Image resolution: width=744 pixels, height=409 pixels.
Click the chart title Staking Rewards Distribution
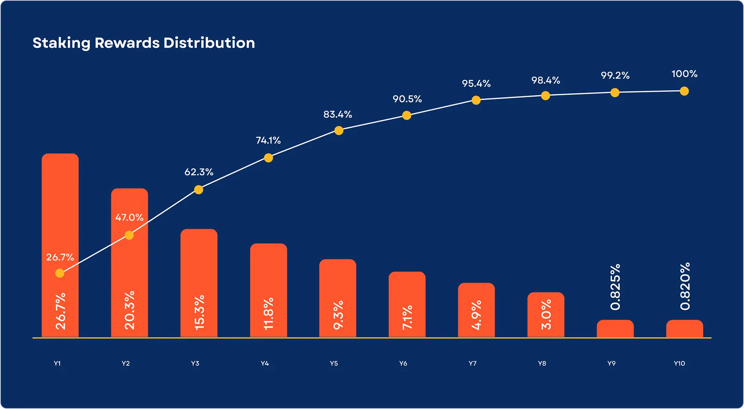144,43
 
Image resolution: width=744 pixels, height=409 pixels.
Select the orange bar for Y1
60,209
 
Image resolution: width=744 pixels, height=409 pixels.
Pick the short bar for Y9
615,329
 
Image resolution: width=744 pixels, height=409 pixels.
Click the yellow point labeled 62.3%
199,190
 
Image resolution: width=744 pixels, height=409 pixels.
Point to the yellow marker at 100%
684,91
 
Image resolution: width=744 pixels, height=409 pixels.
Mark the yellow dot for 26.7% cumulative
60,273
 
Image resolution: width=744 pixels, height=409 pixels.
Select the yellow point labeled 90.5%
407,115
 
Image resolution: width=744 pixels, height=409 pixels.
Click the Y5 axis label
334,363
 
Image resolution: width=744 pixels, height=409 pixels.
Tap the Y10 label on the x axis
679,363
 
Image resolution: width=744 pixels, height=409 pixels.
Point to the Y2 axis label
126,363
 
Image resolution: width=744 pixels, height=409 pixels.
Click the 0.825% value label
615,287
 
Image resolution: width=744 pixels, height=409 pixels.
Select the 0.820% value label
685,286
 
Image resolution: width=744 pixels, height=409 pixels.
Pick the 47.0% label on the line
129,218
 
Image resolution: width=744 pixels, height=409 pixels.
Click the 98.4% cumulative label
545,80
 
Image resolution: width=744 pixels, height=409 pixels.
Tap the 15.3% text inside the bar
199,312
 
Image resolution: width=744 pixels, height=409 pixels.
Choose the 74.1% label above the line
268,140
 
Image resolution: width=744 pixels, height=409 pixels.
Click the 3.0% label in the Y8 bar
546,315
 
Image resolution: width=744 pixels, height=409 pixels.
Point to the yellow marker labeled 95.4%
476,100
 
